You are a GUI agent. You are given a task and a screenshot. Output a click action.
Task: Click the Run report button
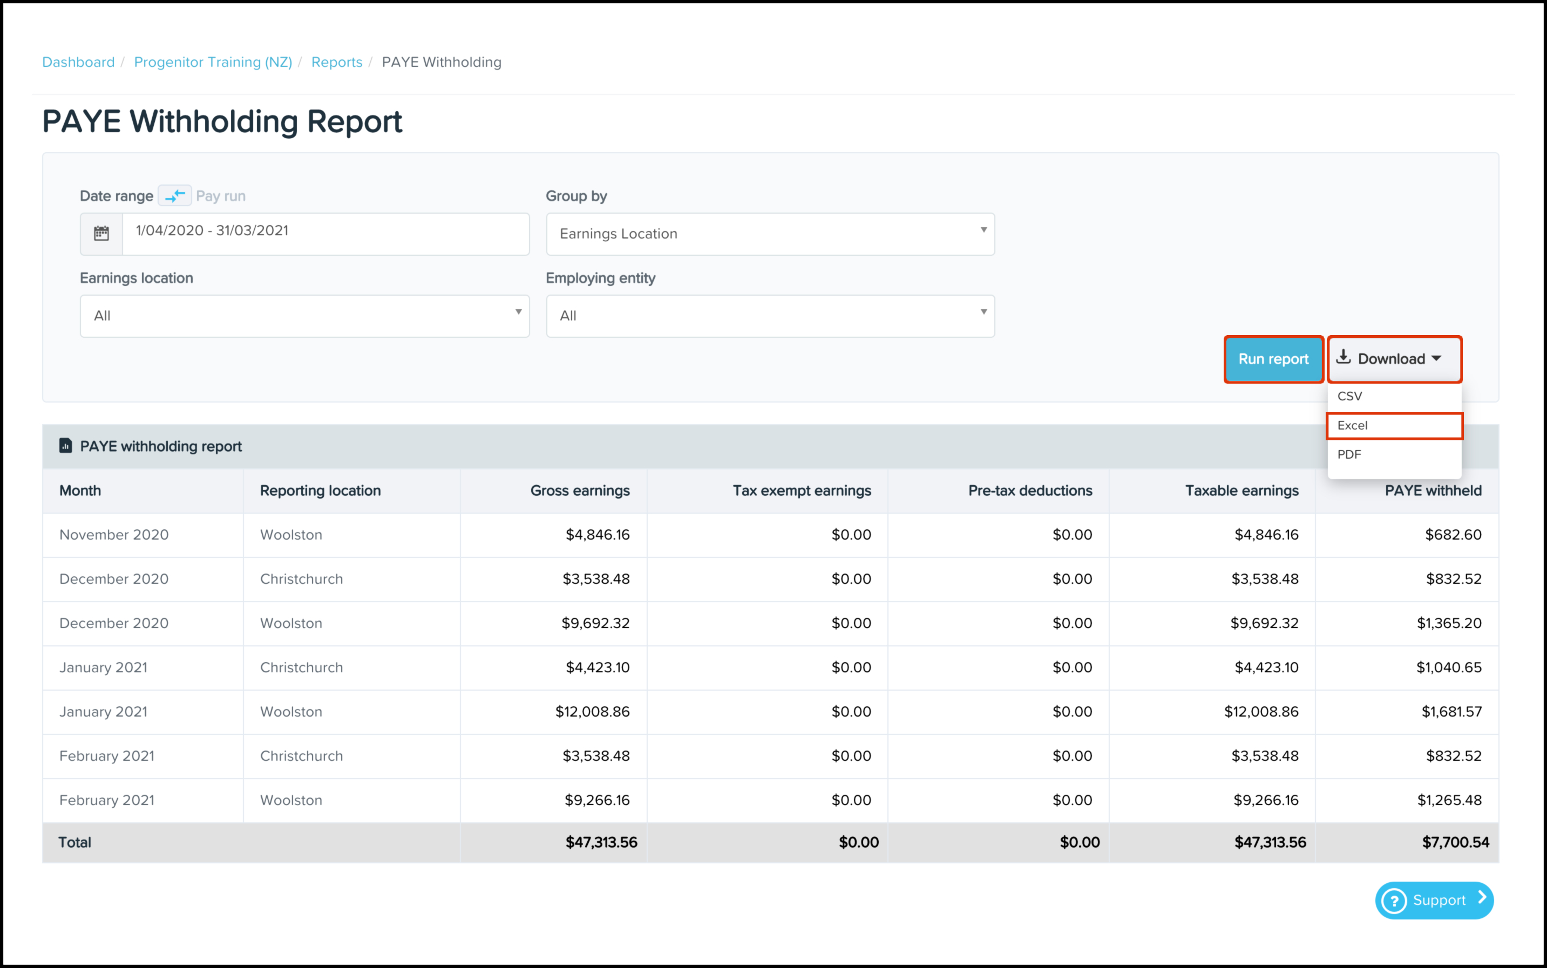point(1273,359)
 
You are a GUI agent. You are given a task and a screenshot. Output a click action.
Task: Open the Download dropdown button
point(1394,359)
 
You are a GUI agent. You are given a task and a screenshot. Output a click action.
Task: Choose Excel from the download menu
point(1394,426)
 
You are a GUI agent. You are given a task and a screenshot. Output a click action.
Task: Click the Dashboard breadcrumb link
point(78,62)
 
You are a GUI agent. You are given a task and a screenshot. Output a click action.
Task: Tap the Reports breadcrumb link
point(337,62)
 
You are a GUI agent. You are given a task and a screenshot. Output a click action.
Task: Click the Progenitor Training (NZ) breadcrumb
point(213,62)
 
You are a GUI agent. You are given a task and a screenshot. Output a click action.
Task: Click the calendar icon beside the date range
point(101,234)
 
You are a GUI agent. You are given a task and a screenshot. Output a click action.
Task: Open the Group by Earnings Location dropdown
point(770,234)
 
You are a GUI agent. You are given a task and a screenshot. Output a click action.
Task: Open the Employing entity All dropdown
point(770,316)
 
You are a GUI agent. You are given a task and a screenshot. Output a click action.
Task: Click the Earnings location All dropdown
point(304,316)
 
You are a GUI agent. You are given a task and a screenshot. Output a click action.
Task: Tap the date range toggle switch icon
point(175,195)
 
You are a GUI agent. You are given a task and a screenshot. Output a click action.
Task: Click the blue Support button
point(1434,900)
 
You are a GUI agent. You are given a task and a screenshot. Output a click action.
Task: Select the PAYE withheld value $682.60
point(1453,535)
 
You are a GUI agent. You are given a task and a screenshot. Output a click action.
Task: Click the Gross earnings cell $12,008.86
point(592,712)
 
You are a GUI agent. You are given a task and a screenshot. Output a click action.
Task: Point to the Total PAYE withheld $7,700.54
point(1455,842)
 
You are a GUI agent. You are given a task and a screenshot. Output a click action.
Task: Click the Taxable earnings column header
point(1241,490)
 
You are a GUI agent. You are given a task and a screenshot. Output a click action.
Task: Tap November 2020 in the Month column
point(114,535)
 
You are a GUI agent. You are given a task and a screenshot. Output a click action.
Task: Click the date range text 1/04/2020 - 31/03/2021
point(212,230)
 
